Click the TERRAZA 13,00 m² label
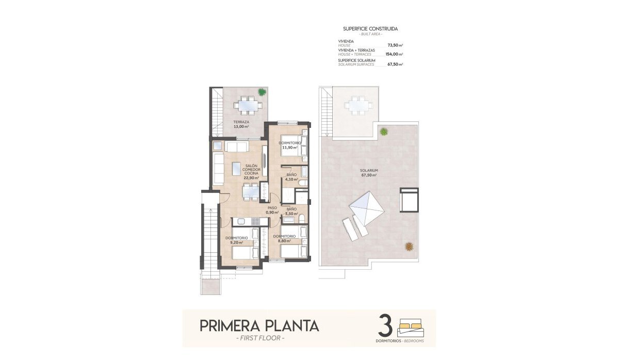240,124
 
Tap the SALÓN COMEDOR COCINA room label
251,170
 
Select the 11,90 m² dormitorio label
289,145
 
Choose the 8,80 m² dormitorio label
284,238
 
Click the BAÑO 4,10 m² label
291,177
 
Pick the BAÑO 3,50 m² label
291,211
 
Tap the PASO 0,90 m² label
272,210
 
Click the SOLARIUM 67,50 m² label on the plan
369,173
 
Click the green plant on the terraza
263,92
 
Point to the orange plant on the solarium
409,247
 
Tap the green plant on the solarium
384,132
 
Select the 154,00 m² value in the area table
394,54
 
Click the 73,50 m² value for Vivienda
395,45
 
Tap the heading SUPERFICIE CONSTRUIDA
370,29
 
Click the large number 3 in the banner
386,326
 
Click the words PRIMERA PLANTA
259,326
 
